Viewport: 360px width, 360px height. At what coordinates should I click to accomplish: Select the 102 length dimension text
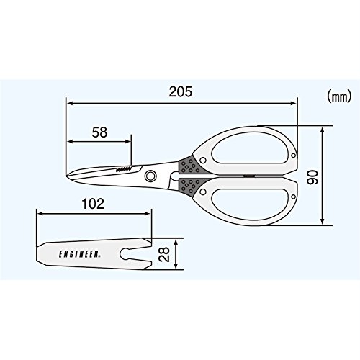(94, 203)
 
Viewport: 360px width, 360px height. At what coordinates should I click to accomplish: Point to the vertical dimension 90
(312, 176)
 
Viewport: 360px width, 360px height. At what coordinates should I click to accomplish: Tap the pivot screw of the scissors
(150, 176)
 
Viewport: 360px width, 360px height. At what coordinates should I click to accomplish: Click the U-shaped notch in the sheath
(133, 254)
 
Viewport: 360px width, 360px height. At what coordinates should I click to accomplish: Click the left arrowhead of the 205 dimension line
(68, 104)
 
